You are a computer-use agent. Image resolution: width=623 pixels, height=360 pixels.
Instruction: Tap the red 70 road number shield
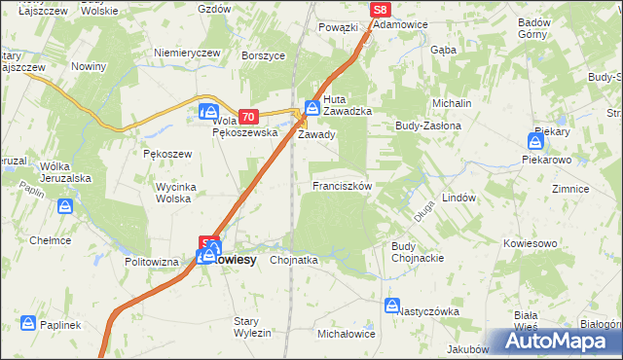(247, 116)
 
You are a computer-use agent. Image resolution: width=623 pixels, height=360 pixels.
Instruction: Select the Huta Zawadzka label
(348, 105)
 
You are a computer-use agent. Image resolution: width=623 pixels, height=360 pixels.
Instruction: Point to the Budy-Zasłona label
(426, 126)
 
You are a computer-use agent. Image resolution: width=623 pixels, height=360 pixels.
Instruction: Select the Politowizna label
(152, 262)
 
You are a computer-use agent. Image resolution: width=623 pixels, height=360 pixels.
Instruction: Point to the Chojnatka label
(294, 261)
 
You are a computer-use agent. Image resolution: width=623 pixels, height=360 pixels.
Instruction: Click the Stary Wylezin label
(252, 327)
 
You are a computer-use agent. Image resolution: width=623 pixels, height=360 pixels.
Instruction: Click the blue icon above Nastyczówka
(392, 306)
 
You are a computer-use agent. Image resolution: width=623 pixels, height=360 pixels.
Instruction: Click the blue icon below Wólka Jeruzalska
(64, 206)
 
